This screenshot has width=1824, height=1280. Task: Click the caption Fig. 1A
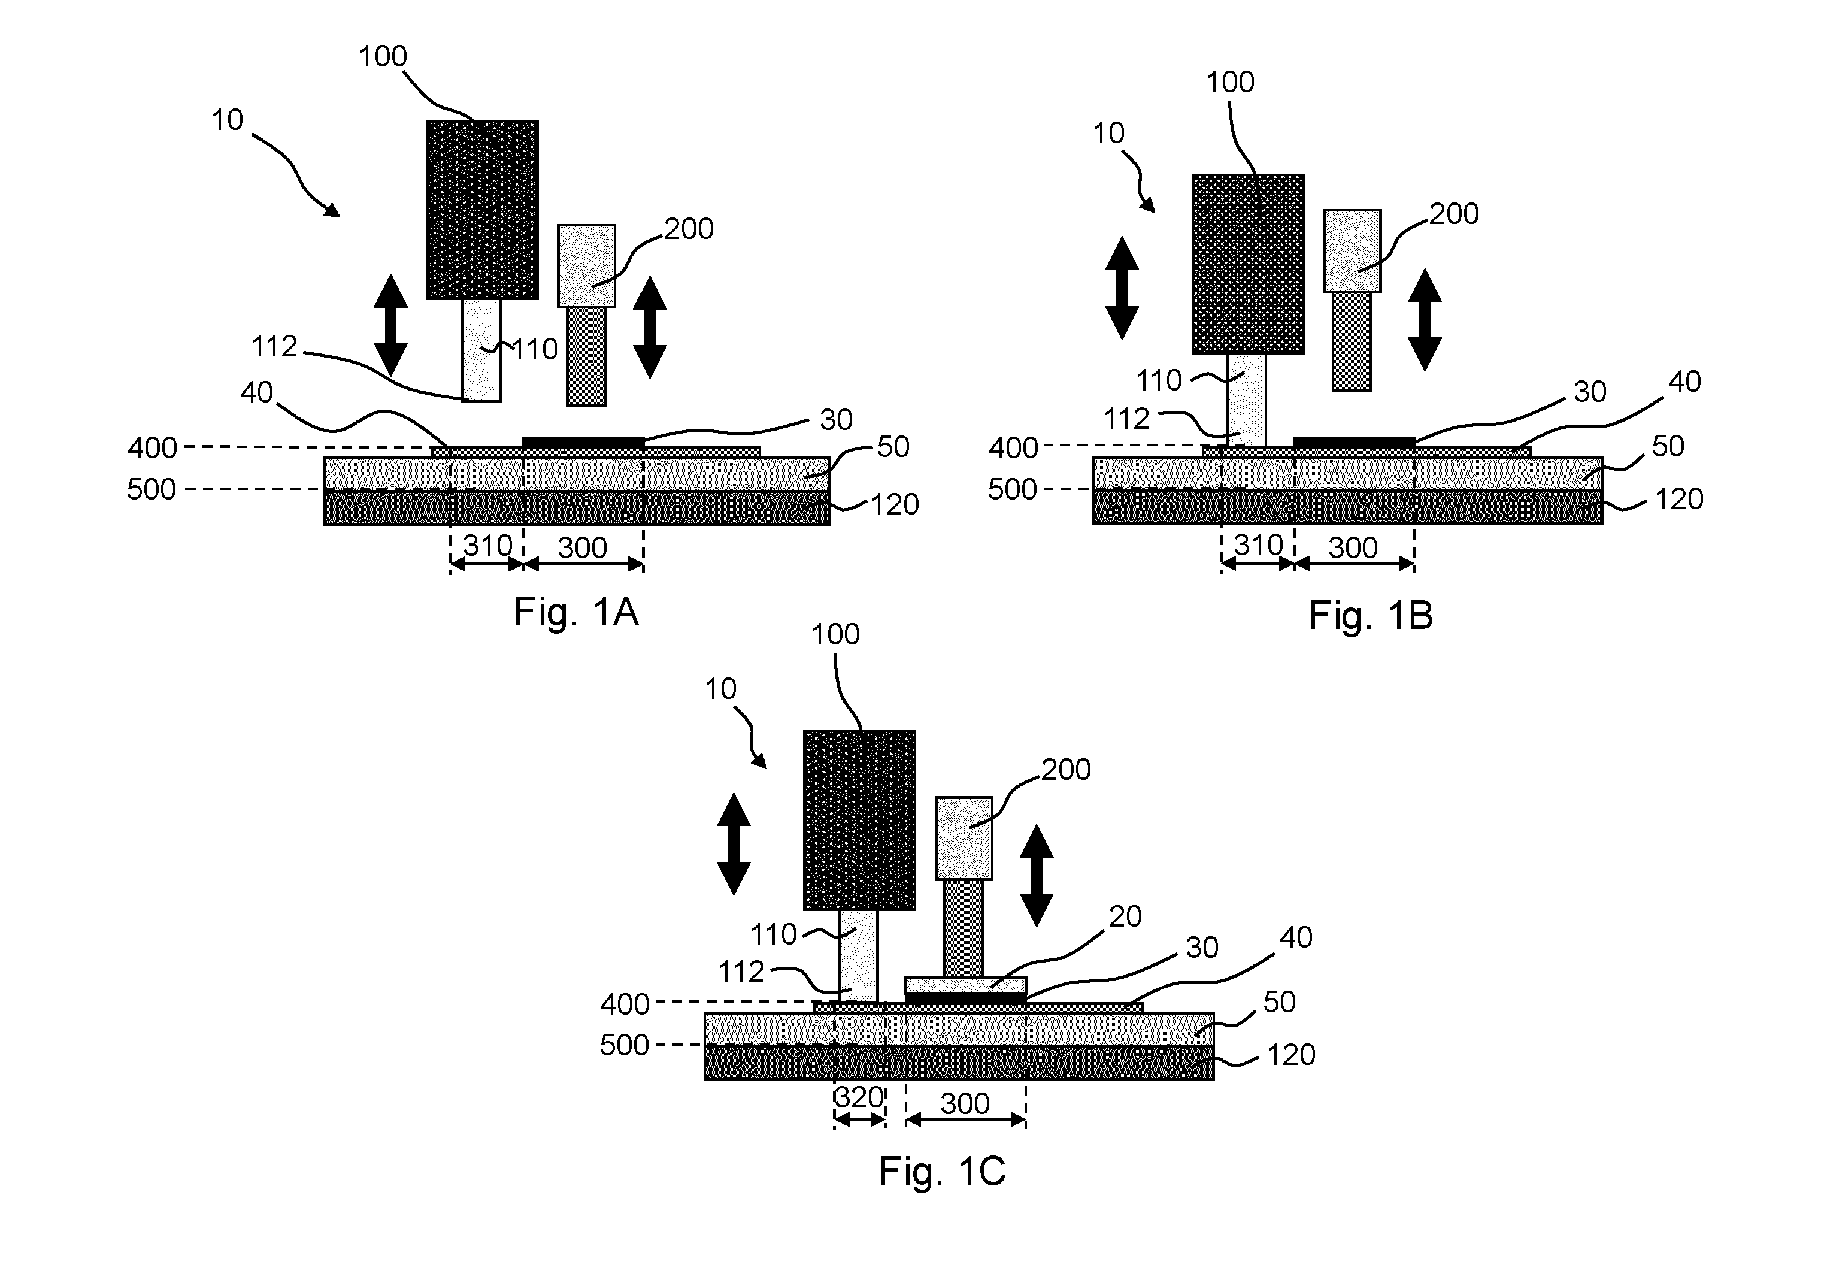576,612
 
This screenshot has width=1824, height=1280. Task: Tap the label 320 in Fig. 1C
859,1097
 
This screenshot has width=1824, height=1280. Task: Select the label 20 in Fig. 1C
1125,916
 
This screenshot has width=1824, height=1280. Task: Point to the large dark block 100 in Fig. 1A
482,210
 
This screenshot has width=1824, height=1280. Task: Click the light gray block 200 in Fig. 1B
1352,251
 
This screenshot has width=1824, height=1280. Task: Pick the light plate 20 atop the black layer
965,985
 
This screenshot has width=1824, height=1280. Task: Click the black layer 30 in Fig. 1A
583,443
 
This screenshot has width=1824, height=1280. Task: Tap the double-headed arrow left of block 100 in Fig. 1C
734,844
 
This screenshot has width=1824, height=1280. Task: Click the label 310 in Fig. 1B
1258,544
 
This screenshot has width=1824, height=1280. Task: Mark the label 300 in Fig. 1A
582,547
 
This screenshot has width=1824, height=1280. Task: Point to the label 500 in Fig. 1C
625,1045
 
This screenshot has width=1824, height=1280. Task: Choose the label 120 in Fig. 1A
895,504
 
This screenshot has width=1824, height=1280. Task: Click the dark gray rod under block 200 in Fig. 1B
1352,341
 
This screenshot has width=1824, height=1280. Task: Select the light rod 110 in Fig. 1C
859,956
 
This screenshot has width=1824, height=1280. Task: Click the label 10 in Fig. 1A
227,120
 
